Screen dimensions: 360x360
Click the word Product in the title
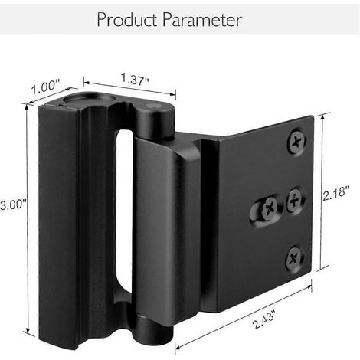point(127,20)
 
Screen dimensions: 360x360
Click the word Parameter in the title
point(202,20)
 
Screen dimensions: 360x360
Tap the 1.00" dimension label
point(45,87)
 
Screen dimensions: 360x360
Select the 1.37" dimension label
point(135,78)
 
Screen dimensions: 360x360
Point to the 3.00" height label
point(13,205)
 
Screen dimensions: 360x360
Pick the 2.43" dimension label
point(264,319)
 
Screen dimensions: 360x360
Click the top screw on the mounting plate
point(297,141)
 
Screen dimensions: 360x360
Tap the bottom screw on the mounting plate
point(294,259)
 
